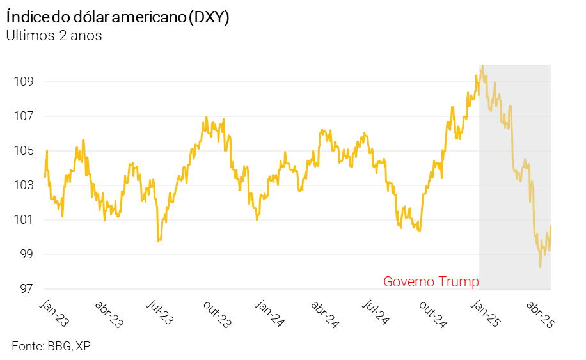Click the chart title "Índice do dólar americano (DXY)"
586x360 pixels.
(x=118, y=17)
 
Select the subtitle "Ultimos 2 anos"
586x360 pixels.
(x=54, y=36)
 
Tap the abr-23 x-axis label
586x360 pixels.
(x=109, y=313)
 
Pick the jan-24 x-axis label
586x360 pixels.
(x=270, y=311)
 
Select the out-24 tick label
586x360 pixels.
(x=432, y=313)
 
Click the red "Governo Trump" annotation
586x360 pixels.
(x=431, y=282)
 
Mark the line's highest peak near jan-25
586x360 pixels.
(x=482, y=65)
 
